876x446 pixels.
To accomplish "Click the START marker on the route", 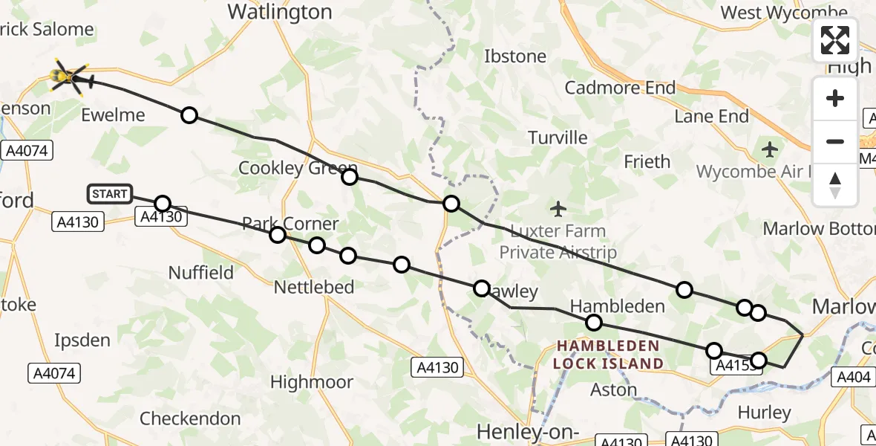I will (110, 194).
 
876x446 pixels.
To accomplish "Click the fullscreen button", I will (835, 40).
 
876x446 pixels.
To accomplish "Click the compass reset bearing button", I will (835, 184).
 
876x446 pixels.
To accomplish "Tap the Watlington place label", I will (279, 12).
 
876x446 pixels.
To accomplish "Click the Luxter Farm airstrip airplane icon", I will (559, 208).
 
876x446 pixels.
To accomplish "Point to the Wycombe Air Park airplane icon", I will (770, 149).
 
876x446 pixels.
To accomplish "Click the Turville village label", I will (558, 138).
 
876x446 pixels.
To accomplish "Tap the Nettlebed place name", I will (314, 287).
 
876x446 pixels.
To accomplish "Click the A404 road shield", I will (853, 377).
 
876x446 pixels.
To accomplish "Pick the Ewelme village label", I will (113, 115).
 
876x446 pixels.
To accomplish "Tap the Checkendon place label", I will (190, 418).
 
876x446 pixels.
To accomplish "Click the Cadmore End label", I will (620, 88).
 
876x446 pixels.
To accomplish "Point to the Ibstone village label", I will (514, 56).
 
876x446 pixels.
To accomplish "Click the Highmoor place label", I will (311, 382).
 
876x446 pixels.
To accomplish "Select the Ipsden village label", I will (82, 340).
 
